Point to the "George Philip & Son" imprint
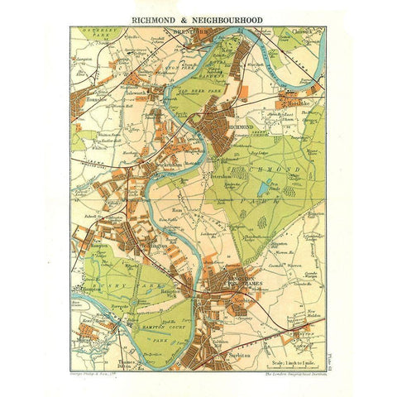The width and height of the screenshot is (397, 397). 98,375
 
